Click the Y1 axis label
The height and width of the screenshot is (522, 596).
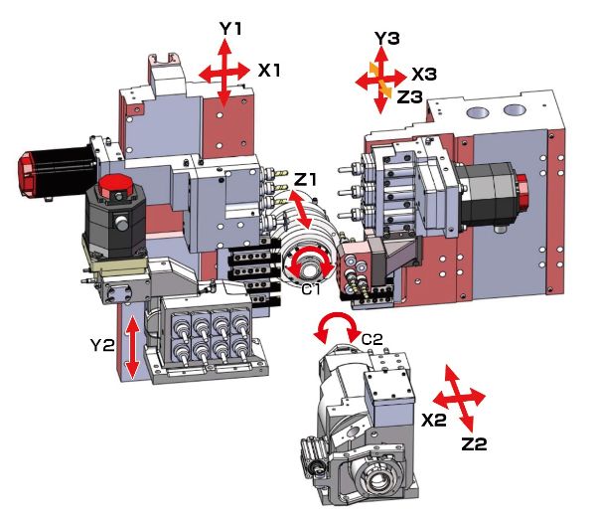231,30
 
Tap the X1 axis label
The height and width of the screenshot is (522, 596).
270,71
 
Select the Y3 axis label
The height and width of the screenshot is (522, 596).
386,39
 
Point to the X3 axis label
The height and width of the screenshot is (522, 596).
424,75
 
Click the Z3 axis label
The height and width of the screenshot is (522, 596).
410,95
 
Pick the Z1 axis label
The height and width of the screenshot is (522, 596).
306,179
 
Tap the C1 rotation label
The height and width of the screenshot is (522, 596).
311,288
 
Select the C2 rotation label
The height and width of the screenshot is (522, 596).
372,339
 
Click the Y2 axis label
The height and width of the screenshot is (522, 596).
103,346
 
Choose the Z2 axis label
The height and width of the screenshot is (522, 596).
474,444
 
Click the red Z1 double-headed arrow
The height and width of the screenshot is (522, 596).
296,209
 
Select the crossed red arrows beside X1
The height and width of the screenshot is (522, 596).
223,72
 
